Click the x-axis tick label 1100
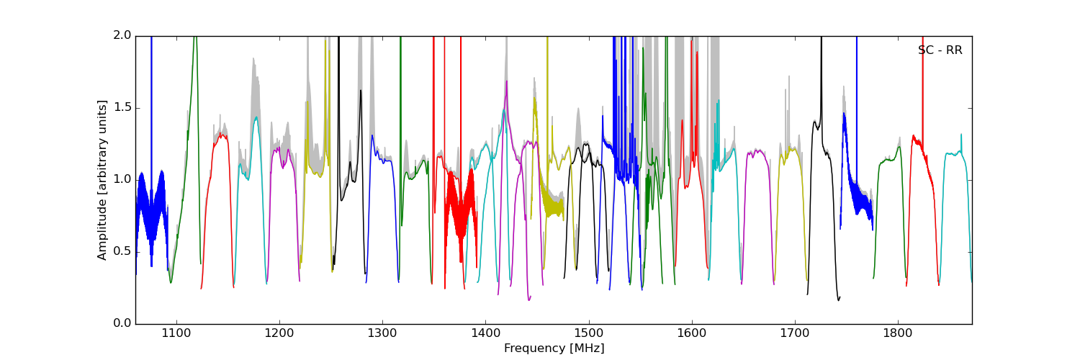coord(176,334)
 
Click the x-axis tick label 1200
coord(279,334)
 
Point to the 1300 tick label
coord(382,334)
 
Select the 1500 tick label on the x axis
coord(588,334)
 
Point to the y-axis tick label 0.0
coord(122,324)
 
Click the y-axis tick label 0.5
coord(122,252)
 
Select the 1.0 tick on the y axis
coord(122,180)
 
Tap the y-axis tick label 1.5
coord(122,108)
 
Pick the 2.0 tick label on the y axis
coord(122,36)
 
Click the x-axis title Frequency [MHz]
coord(554,348)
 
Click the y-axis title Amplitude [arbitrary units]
coord(103,180)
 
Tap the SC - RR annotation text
coord(940,50)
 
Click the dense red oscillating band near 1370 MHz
coord(461,209)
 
